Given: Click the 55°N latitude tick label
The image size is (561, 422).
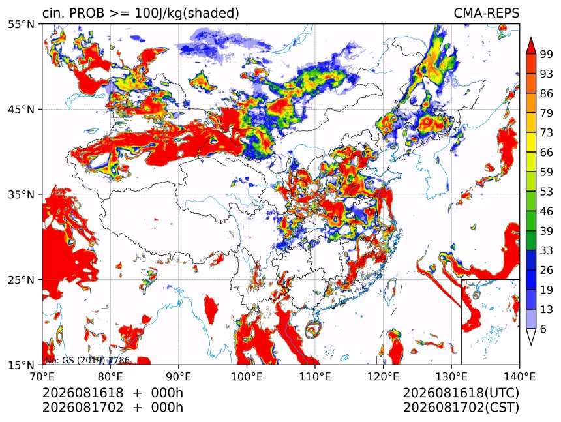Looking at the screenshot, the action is (x=21, y=24).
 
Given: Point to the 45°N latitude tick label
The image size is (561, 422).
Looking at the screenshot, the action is (x=21, y=109).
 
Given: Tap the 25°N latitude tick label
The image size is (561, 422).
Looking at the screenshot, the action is (x=21, y=280).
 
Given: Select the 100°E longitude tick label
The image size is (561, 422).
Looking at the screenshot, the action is (x=247, y=376).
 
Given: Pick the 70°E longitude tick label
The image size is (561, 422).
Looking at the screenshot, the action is (x=42, y=376).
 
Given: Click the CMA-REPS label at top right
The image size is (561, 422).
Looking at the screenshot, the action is (x=486, y=13).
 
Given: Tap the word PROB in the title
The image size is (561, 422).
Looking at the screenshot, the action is (x=87, y=13).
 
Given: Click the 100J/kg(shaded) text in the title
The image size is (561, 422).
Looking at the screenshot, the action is (x=187, y=14).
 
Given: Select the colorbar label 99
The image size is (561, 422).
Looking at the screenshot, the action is (x=547, y=55).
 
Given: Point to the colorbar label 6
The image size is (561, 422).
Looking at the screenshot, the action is (x=543, y=329).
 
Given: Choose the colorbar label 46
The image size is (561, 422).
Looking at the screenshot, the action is (x=547, y=211).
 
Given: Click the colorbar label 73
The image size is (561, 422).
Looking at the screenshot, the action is (x=547, y=133).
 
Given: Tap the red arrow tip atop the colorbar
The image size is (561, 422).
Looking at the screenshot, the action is (x=531, y=37).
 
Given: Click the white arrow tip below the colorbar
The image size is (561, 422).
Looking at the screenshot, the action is (x=531, y=345).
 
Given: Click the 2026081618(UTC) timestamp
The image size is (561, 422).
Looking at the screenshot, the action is (x=461, y=393).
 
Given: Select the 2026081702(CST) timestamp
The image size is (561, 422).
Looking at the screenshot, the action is (x=461, y=408).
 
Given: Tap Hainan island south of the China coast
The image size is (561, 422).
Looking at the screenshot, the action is (x=314, y=329).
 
